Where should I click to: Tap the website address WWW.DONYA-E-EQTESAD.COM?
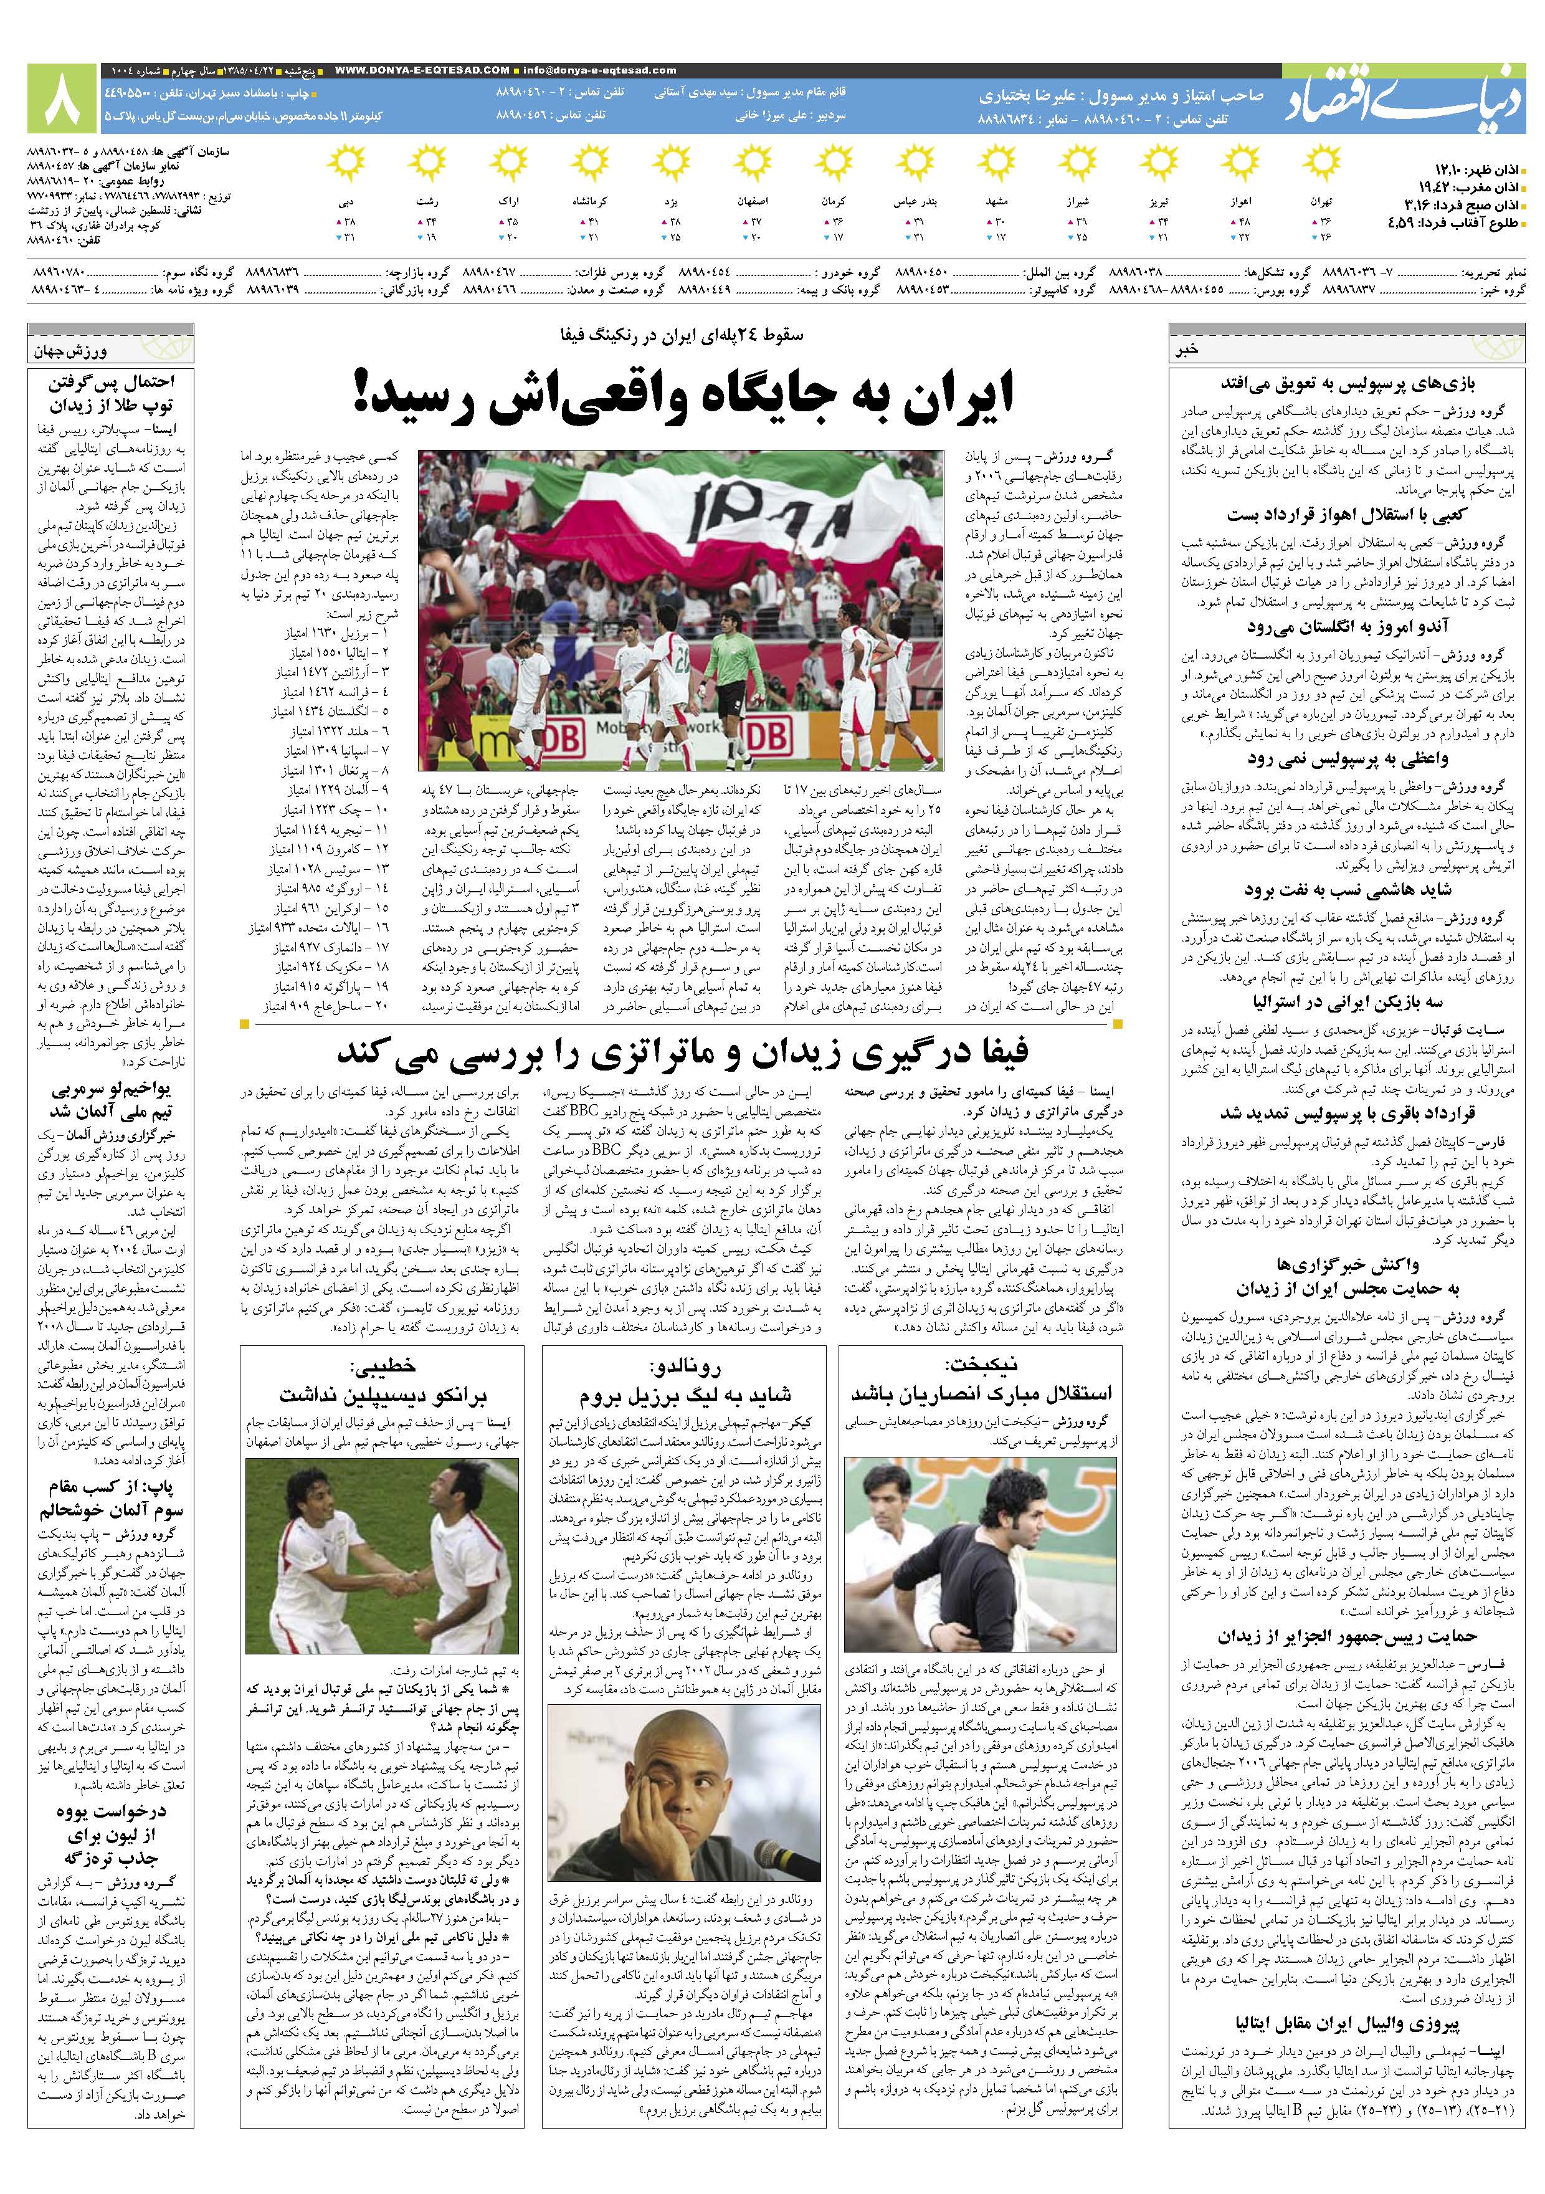coord(422,70)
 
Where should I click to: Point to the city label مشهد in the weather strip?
coord(999,203)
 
